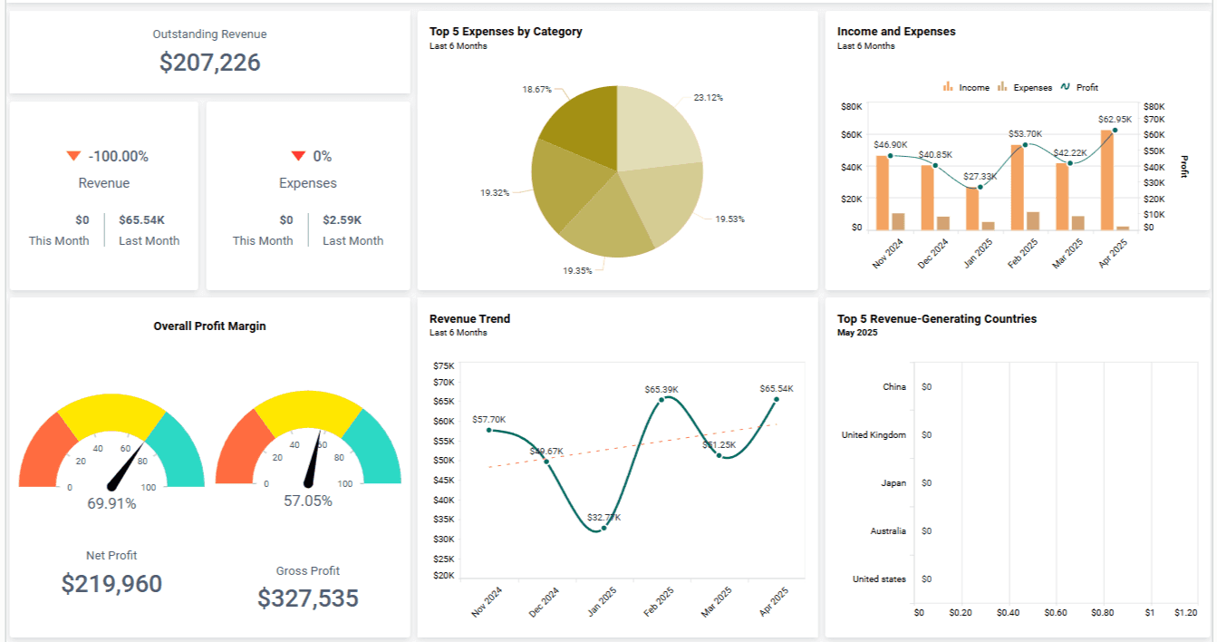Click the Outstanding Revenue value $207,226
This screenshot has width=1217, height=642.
[x=209, y=63]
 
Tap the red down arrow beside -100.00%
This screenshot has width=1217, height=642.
[x=74, y=156]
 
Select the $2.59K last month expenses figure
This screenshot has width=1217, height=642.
[x=342, y=219]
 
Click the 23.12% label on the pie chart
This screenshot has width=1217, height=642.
[x=708, y=97]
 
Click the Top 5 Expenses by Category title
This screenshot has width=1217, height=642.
[x=506, y=32]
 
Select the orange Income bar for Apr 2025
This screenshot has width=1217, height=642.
[x=1106, y=180]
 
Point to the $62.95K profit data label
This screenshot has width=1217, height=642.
[x=1115, y=119]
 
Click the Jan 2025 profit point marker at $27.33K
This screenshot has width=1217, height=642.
[x=980, y=187]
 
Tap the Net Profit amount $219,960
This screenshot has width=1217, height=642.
[x=111, y=584]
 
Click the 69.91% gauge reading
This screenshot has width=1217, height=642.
[x=111, y=503]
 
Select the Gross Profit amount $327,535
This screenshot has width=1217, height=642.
[x=308, y=598]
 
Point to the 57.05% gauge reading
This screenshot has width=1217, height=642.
[x=308, y=501]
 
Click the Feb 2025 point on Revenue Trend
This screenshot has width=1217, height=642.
[x=662, y=399]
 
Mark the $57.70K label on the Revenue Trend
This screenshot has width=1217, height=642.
[x=489, y=419]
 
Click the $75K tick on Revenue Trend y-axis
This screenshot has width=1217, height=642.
[x=444, y=365]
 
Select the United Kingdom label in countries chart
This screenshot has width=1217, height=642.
[x=874, y=435]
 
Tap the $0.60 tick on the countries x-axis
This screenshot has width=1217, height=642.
[x=1055, y=613]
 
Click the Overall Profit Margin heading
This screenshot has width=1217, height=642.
[x=209, y=326]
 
